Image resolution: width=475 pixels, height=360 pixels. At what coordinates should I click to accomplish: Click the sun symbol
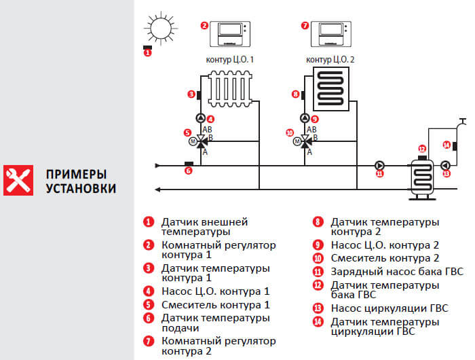pyautogui.click(x=160, y=28)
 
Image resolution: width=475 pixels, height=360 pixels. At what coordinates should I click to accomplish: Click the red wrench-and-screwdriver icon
pyautogui.click(x=18, y=179)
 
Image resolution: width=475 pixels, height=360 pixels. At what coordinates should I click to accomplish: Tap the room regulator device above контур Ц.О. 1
pyautogui.click(x=230, y=31)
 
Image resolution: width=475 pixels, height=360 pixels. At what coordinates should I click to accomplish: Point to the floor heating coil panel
pyautogui.click(x=330, y=89)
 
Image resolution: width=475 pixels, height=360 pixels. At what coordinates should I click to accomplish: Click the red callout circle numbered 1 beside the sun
pyautogui.click(x=148, y=52)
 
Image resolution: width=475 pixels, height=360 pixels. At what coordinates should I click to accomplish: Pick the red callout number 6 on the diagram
pyautogui.click(x=189, y=171)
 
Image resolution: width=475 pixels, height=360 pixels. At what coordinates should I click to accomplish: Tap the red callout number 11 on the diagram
pyautogui.click(x=379, y=173)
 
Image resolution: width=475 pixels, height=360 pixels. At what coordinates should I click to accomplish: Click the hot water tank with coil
pyautogui.click(x=421, y=178)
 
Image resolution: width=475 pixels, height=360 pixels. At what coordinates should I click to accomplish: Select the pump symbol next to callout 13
pyautogui.click(x=446, y=165)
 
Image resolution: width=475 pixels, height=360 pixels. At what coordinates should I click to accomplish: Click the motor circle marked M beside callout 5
pyautogui.click(x=192, y=141)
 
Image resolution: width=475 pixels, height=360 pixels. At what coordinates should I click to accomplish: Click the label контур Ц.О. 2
pyautogui.click(x=330, y=60)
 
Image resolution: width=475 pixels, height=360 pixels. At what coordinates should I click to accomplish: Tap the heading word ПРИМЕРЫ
pyautogui.click(x=77, y=173)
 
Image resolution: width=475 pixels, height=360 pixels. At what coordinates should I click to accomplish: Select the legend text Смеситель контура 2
pyautogui.click(x=385, y=258)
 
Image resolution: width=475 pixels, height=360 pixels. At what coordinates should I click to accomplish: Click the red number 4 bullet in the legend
pyautogui.click(x=147, y=291)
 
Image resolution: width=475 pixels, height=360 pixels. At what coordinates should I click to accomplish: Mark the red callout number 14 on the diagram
pyautogui.click(x=446, y=144)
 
